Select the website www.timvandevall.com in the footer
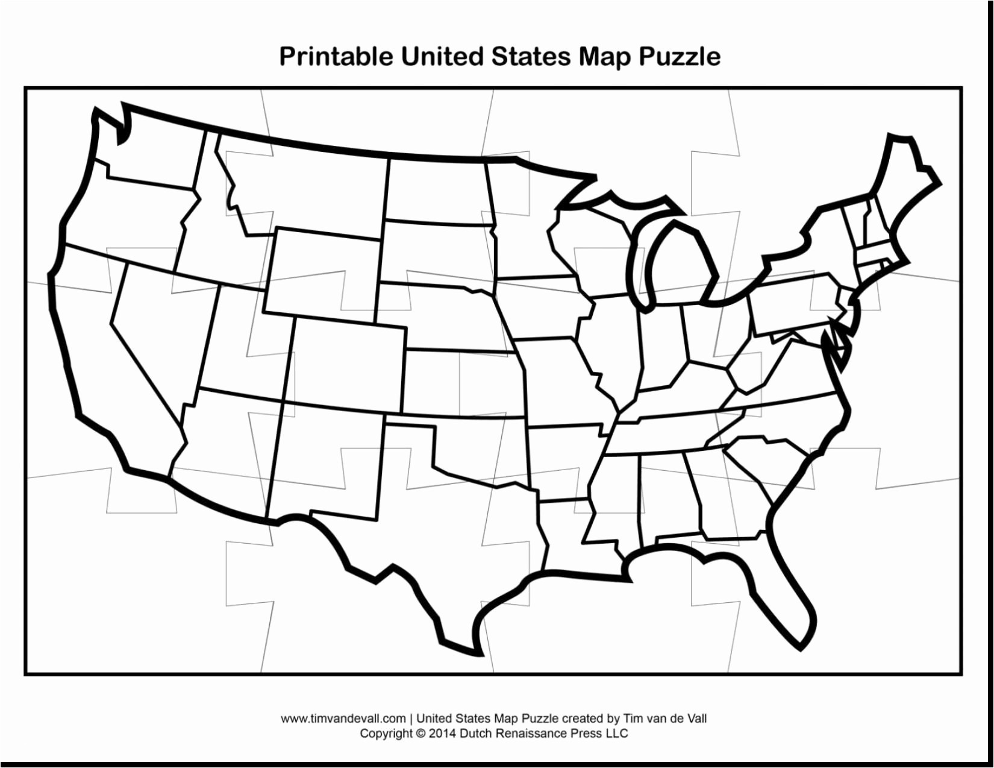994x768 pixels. pyautogui.click(x=343, y=718)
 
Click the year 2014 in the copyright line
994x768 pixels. pyautogui.click(x=443, y=734)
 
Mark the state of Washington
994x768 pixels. pyautogui.click(x=151, y=151)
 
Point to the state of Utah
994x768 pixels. pyautogui.click(x=241, y=344)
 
